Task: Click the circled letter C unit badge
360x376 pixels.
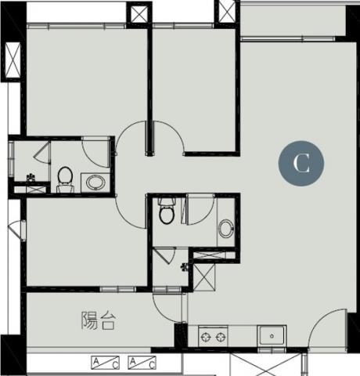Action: (301, 163)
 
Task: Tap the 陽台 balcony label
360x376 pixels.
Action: (98, 320)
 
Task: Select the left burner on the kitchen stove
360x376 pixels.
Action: (206, 338)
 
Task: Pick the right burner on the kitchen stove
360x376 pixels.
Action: (221, 338)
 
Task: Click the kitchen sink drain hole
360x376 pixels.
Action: (272, 336)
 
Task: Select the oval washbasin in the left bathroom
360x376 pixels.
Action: (95, 183)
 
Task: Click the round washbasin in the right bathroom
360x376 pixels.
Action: (226, 229)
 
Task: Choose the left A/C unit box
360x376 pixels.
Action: (105, 363)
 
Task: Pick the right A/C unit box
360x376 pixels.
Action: (142, 363)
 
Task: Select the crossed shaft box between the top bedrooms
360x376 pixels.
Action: (139, 15)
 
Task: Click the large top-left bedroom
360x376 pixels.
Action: (86, 81)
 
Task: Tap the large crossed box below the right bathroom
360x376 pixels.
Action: (204, 277)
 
